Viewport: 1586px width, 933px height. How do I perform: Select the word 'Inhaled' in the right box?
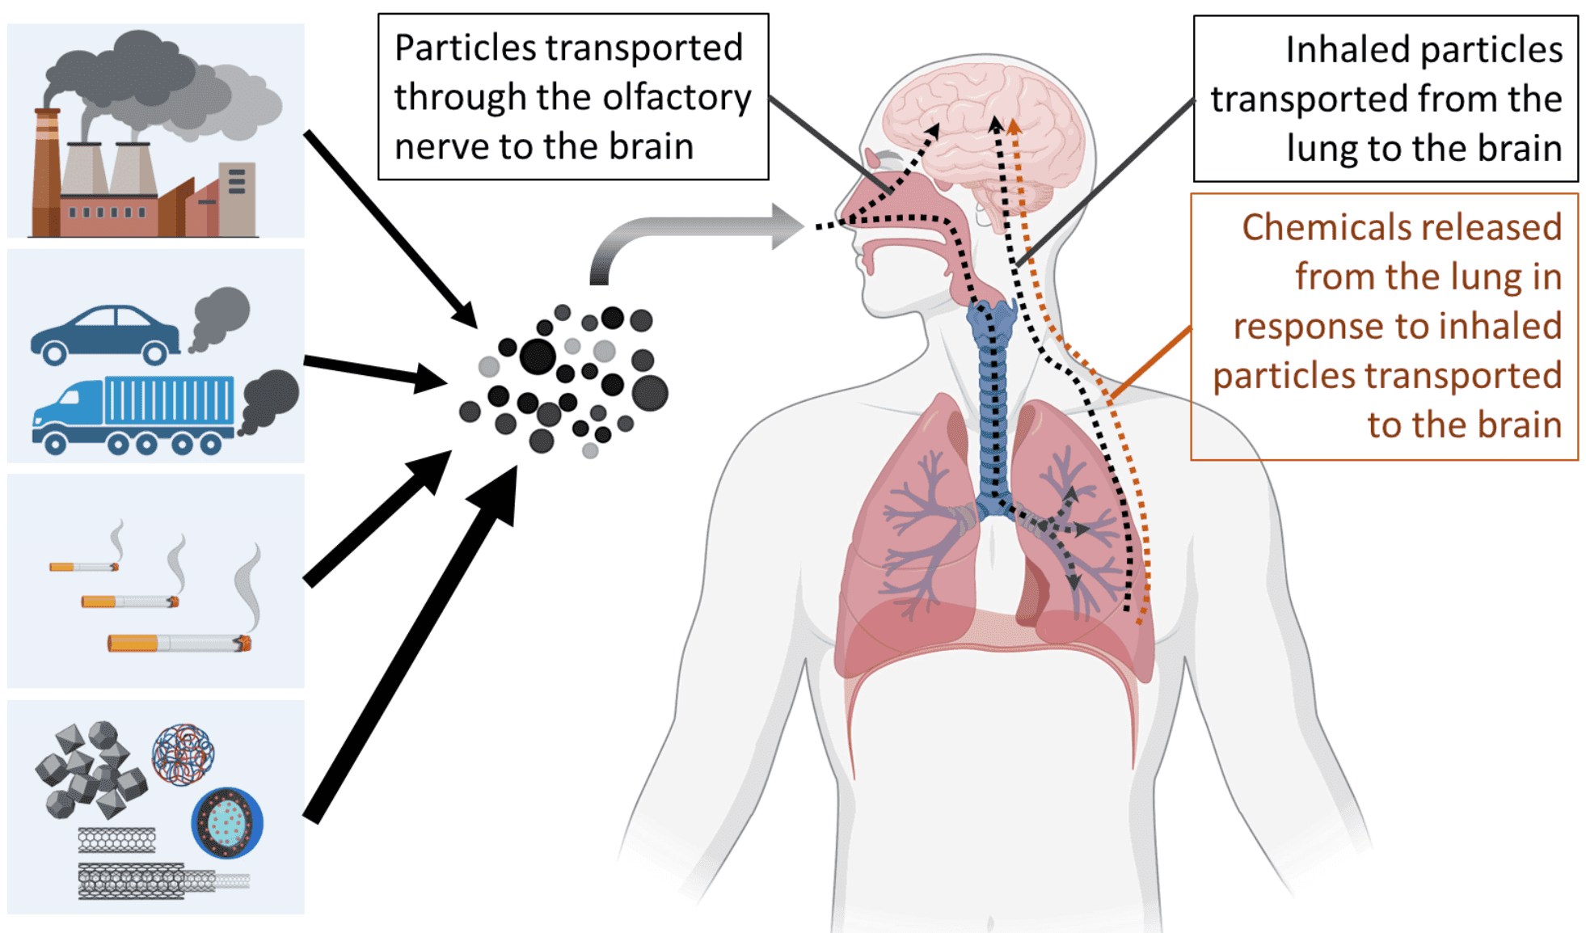pyautogui.click(x=1338, y=50)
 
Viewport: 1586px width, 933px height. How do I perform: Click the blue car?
pyautogui.click(x=105, y=332)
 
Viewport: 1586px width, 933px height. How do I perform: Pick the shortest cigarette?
pyautogui.click(x=84, y=567)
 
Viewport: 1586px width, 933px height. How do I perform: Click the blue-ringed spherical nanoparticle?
pyautogui.click(x=227, y=822)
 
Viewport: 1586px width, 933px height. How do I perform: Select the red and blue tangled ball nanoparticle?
pyautogui.click(x=183, y=754)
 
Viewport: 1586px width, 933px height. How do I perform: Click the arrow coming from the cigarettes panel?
pyautogui.click(x=376, y=517)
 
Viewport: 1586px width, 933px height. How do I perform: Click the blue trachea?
pyautogui.click(x=993, y=404)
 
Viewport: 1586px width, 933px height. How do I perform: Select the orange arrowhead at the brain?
pyautogui.click(x=1014, y=125)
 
